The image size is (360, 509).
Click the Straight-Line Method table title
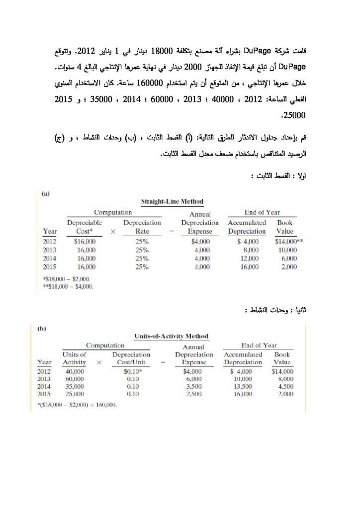coord(172,201)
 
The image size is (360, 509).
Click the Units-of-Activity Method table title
coord(171,336)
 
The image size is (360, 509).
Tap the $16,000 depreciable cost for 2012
coord(85,241)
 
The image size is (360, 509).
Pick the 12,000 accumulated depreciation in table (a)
coord(249,258)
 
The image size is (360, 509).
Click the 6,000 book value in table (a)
coord(288,258)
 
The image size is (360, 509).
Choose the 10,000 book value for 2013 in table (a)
coord(287,250)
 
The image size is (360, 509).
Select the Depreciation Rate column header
coord(142,227)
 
